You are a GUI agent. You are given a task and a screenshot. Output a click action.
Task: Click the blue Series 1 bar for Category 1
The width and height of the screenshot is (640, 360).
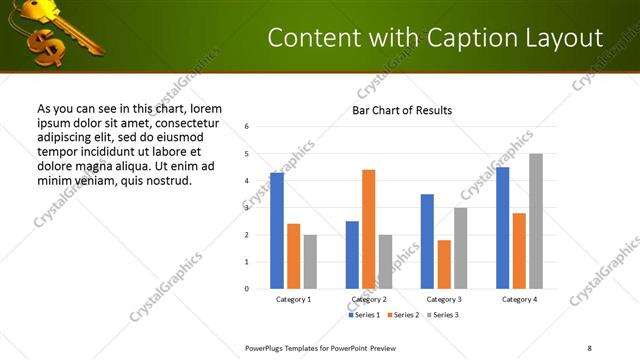[277, 231]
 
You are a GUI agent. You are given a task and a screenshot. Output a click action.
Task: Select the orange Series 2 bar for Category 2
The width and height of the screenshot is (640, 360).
[368, 229]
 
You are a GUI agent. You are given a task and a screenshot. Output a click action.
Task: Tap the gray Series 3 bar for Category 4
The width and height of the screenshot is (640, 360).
[536, 221]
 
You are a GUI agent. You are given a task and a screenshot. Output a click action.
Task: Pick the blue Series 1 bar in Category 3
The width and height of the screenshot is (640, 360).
[427, 241]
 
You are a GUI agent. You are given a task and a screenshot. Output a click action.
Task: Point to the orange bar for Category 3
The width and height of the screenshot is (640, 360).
[444, 264]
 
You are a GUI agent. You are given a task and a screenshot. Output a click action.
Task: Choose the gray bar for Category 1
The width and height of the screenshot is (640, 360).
[310, 261]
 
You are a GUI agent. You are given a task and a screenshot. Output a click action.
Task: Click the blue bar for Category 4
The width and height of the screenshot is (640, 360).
[502, 228]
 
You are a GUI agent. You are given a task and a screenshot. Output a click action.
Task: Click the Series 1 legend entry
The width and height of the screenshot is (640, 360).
[365, 315]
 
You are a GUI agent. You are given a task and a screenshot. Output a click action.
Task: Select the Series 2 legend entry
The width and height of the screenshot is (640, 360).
[402, 315]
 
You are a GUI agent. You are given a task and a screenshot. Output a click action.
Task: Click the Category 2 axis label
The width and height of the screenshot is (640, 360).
[369, 299]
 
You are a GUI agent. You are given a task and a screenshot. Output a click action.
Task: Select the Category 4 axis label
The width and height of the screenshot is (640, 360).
[519, 299]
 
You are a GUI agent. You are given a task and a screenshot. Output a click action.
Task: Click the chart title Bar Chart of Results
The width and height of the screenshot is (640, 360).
[402, 110]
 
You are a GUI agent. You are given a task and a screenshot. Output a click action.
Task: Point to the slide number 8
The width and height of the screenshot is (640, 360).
[589, 347]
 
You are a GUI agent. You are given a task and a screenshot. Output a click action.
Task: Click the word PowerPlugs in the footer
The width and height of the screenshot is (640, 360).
[266, 347]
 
